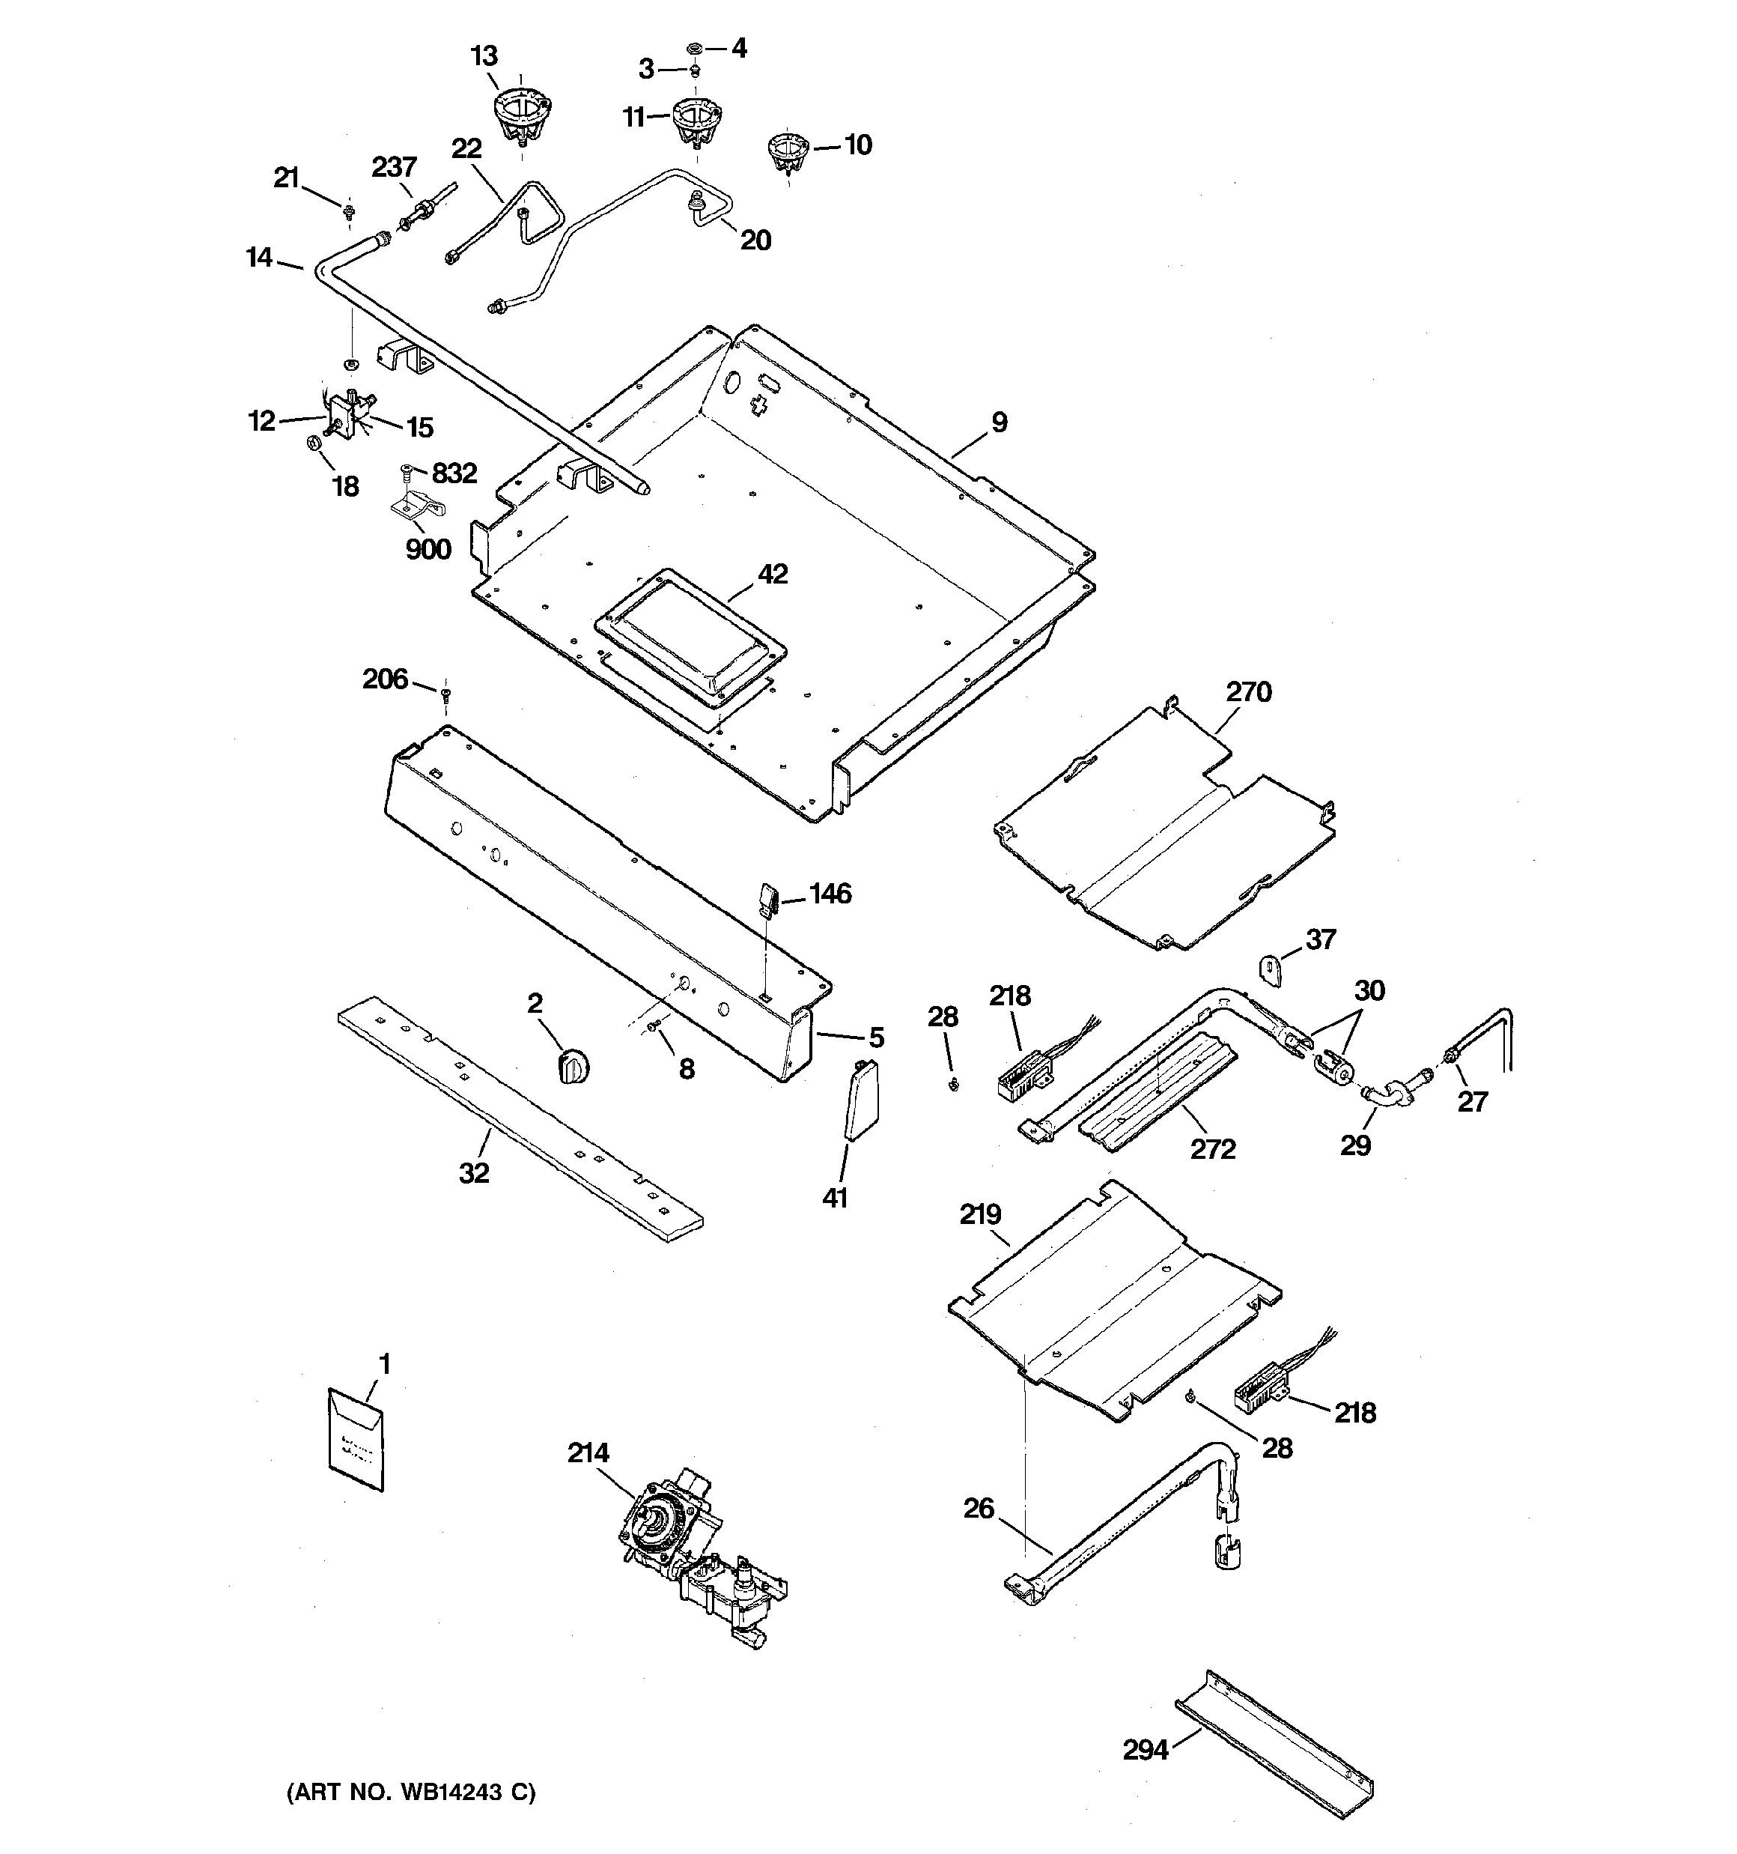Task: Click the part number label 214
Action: (x=588, y=1452)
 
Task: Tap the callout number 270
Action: (x=1247, y=692)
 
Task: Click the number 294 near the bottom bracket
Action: (x=1145, y=1750)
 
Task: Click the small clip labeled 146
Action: (x=767, y=901)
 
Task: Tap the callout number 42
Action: (x=773, y=574)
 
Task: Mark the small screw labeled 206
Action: (x=447, y=694)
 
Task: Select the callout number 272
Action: (x=1212, y=1149)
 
